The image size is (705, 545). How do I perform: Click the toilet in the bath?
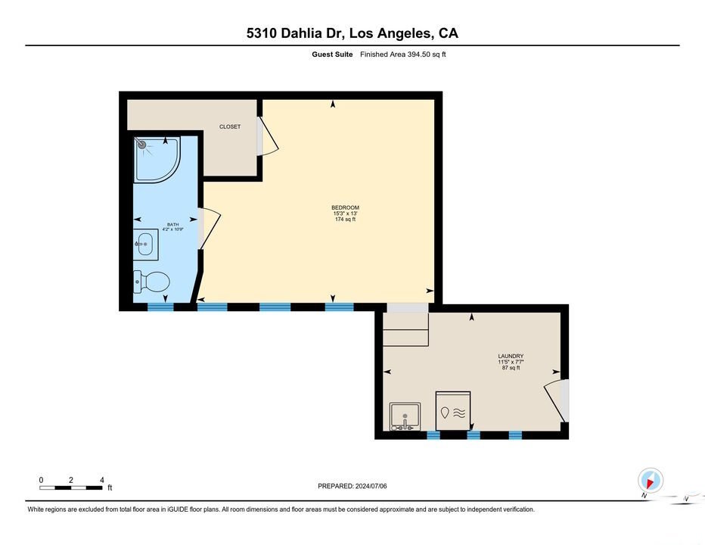click(x=151, y=282)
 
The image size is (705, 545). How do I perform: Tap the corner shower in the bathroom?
click(x=157, y=160)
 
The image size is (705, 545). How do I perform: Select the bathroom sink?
click(x=146, y=244)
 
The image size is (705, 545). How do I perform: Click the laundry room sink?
click(x=405, y=416)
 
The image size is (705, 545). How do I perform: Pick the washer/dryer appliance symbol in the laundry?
click(x=453, y=411)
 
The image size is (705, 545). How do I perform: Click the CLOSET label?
click(x=230, y=127)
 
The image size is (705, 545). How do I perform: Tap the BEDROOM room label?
click(x=345, y=207)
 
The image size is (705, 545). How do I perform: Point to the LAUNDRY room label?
click(x=511, y=356)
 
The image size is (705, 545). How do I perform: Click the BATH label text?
click(x=172, y=225)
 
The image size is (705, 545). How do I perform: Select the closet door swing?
click(x=268, y=136)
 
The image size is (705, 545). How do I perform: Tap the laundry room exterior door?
click(x=557, y=400)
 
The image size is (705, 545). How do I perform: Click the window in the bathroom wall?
click(x=160, y=307)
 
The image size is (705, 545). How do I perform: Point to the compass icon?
click(x=650, y=480)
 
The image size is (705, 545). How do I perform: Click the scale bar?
click(x=71, y=487)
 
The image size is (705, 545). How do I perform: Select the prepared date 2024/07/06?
click(x=371, y=486)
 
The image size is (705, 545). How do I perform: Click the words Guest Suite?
click(x=332, y=54)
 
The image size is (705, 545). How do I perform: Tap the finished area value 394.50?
click(x=419, y=54)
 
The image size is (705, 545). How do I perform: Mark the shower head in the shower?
click(x=141, y=145)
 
